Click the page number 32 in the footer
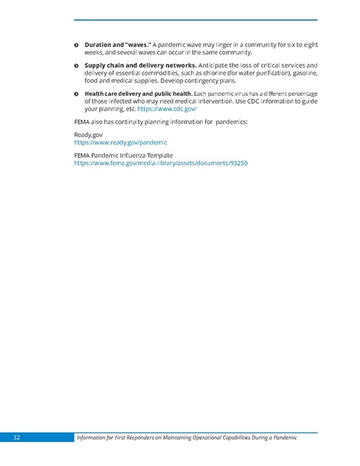16,438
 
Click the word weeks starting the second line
94,52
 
